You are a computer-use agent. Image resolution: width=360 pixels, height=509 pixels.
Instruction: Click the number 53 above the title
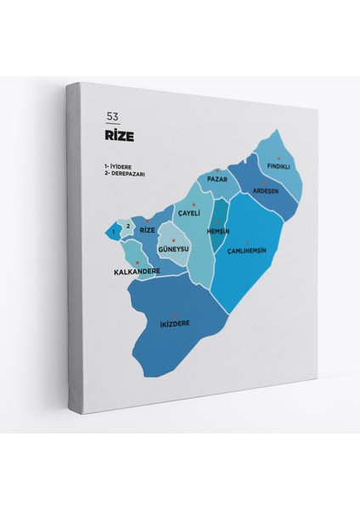click(x=113, y=117)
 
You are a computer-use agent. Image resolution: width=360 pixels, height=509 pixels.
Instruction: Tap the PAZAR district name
click(x=217, y=180)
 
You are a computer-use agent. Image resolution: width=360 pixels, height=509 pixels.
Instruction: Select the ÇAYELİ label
click(x=188, y=214)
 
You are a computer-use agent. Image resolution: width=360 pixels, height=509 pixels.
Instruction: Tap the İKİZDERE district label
click(x=174, y=323)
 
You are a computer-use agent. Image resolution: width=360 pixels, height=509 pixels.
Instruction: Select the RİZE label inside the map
click(x=148, y=230)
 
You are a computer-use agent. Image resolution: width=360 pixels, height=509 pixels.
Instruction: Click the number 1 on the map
click(x=112, y=230)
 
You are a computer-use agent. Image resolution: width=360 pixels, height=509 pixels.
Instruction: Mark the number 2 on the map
click(x=128, y=226)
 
